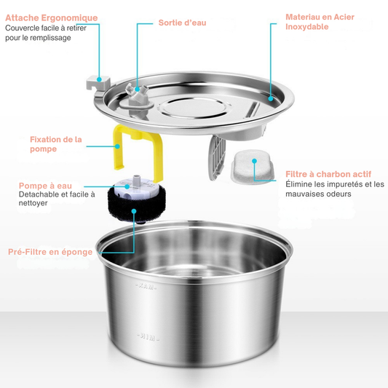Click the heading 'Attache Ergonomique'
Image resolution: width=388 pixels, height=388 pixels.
[52, 17]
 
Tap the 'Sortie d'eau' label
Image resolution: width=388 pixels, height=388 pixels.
[183, 23]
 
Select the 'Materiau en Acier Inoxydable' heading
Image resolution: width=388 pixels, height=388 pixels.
[320, 22]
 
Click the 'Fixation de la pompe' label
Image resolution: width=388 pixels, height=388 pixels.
[55, 144]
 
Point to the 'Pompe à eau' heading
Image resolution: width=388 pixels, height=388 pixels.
[45, 186]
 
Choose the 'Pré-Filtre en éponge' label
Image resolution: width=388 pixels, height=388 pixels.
[50, 252]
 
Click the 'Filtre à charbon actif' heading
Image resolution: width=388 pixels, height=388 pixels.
[328, 174]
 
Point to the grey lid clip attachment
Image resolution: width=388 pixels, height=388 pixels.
[98, 83]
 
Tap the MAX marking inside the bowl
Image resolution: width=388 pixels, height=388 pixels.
[146, 287]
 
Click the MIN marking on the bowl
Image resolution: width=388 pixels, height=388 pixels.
[148, 337]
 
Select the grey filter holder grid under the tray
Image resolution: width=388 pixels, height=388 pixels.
[217, 157]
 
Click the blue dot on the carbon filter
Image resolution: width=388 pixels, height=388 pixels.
[254, 161]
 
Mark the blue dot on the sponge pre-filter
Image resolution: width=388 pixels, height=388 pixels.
[134, 211]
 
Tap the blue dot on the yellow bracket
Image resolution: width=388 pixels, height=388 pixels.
[117, 146]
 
